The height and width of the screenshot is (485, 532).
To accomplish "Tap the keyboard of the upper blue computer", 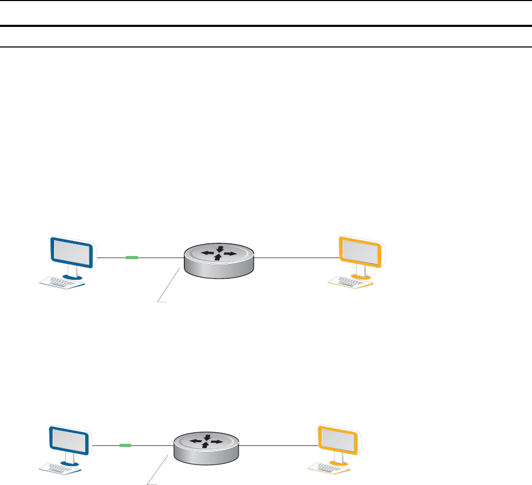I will [x=63, y=283].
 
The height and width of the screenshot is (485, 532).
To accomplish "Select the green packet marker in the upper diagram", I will [x=132, y=258].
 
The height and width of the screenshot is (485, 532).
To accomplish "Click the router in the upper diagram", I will [x=218, y=259].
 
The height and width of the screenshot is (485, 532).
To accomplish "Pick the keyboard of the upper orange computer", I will [x=351, y=283].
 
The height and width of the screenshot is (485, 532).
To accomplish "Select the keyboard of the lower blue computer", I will [x=61, y=467].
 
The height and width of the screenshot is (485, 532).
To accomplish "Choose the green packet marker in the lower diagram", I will [x=125, y=445].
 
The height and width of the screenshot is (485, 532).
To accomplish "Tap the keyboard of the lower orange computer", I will [x=330, y=467].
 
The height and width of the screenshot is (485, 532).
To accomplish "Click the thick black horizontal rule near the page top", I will [x=266, y=25].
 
